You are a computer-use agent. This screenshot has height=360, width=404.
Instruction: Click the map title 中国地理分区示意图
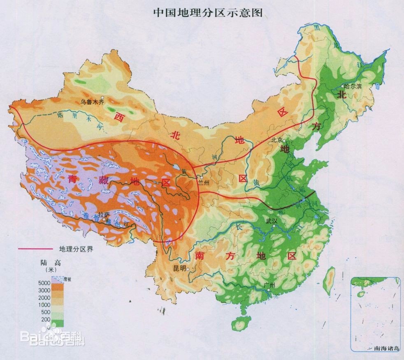[x=208, y=12]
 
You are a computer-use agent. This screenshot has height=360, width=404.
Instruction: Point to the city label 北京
[x=276, y=140]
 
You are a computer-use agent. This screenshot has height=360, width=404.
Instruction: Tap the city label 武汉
[x=272, y=221]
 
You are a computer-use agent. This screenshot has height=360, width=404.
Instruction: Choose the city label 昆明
[x=179, y=268]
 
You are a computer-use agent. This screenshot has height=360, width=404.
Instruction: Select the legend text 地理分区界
[x=77, y=249]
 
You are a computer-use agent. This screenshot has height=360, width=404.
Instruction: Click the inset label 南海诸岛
[x=386, y=348]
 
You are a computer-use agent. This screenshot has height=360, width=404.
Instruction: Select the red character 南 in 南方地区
[x=200, y=256]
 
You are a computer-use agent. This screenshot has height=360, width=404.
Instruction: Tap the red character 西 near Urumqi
[x=120, y=118]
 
